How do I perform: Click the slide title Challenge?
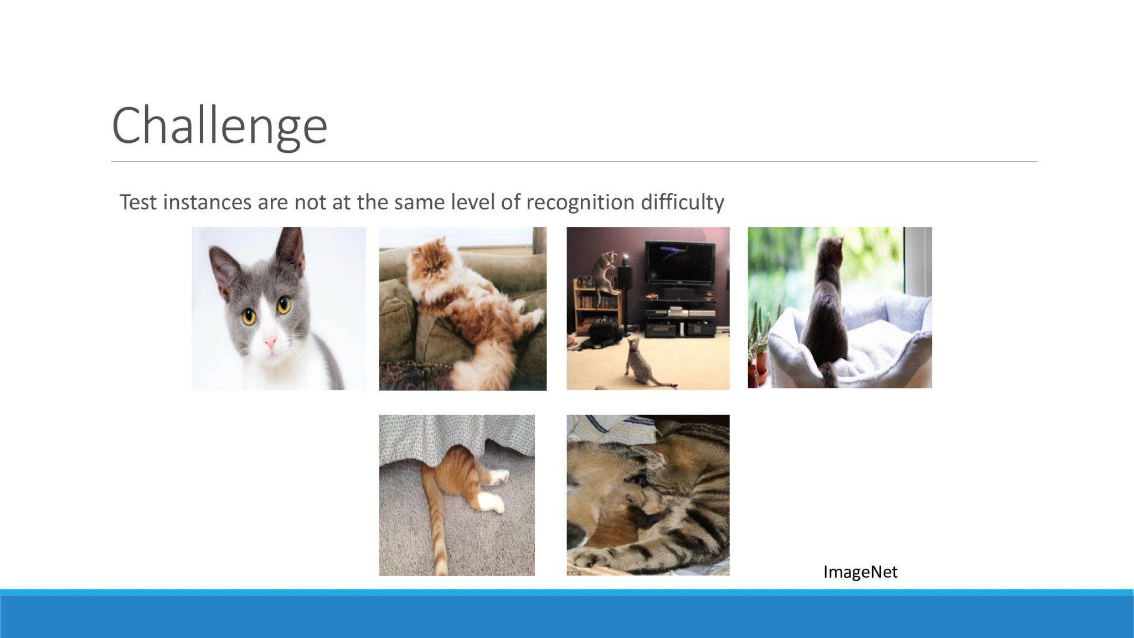(x=220, y=126)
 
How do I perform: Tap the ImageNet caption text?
(x=860, y=572)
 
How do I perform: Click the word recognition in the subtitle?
(x=579, y=202)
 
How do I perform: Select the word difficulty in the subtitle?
(x=682, y=202)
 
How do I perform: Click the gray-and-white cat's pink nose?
(x=270, y=342)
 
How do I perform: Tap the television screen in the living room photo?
(x=682, y=262)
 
